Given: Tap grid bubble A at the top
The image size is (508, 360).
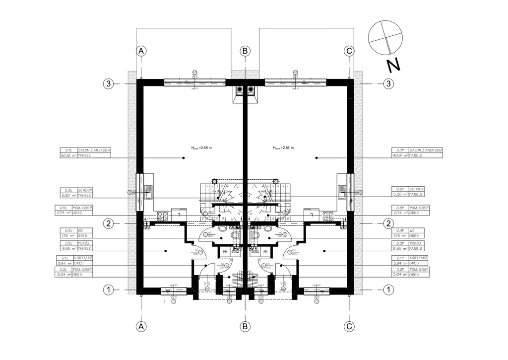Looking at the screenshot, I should (x=141, y=51).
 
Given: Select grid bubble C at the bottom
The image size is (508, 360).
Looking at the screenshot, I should (x=349, y=326).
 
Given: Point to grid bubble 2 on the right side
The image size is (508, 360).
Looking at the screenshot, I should (x=388, y=223).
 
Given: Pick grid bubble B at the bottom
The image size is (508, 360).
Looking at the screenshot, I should (x=245, y=326).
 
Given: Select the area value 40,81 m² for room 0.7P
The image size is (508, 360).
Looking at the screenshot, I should (x=400, y=155).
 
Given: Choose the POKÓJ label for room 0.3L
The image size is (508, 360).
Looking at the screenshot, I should (x=84, y=243).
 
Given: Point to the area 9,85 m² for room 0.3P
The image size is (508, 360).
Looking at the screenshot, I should (x=399, y=249).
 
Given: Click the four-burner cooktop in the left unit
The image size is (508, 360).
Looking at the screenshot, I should (x=162, y=216).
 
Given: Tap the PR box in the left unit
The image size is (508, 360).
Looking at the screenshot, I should (x=225, y=252).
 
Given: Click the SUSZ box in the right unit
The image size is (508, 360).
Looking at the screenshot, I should (x=254, y=252).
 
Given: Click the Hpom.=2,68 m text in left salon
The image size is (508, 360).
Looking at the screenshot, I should (x=201, y=147).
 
